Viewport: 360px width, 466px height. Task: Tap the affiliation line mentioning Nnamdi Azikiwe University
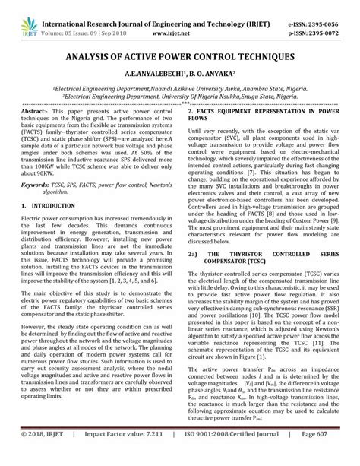[x=179, y=89]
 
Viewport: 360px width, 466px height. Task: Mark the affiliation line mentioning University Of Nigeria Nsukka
[x=179, y=98]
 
